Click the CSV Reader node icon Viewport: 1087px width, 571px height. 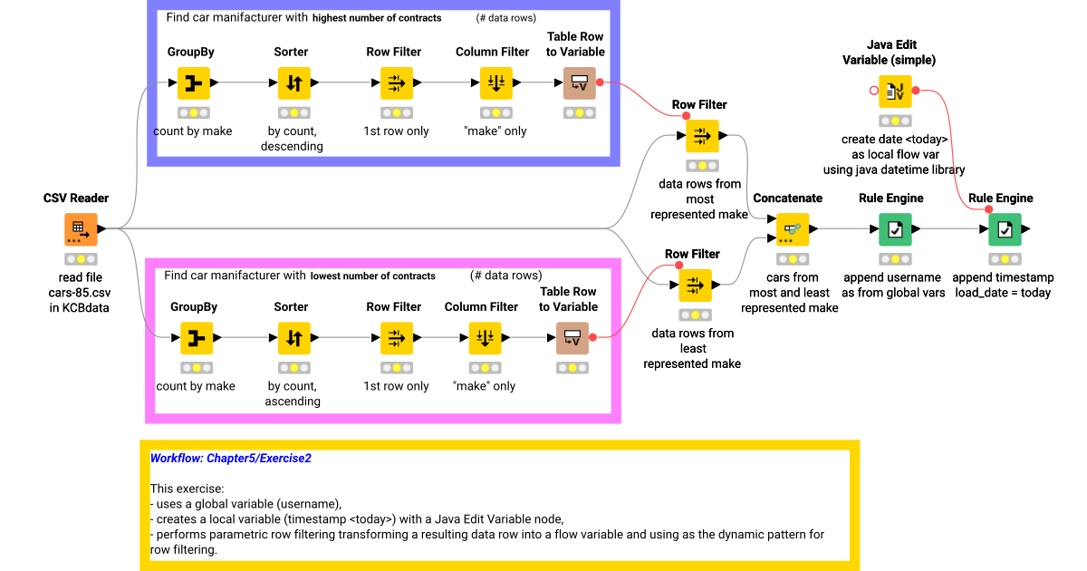(x=81, y=229)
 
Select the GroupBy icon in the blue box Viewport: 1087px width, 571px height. (x=193, y=83)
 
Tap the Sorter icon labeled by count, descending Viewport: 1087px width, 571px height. (x=293, y=83)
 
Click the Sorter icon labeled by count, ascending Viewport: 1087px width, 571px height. (x=293, y=338)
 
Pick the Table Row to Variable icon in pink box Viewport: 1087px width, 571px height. (x=572, y=338)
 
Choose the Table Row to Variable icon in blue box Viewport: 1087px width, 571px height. (x=579, y=83)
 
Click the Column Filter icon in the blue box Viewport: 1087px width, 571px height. (x=495, y=83)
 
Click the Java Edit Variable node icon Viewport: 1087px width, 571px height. (x=894, y=92)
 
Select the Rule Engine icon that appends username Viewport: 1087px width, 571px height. (x=895, y=229)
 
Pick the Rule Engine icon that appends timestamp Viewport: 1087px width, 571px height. (x=1005, y=229)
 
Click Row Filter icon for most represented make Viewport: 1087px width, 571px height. (x=701, y=136)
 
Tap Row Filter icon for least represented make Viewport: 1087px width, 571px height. (x=695, y=285)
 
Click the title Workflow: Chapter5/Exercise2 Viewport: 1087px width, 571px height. (x=230, y=459)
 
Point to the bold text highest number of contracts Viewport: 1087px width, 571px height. (x=377, y=18)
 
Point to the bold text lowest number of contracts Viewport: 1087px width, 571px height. (x=372, y=276)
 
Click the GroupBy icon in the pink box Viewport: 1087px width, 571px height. (x=195, y=338)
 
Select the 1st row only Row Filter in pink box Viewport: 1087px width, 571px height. (x=396, y=338)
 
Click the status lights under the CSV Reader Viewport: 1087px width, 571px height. (x=81, y=259)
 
